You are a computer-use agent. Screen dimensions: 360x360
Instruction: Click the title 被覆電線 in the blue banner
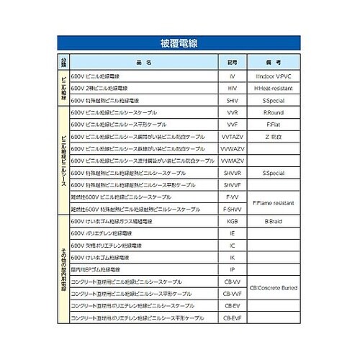tap(179, 43)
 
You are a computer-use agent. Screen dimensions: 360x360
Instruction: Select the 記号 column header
tap(232, 63)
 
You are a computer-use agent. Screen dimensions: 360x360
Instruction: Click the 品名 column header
tap(144, 63)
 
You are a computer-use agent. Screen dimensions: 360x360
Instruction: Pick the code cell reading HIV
tap(232, 88)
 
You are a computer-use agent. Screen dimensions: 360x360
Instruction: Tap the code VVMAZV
tap(232, 148)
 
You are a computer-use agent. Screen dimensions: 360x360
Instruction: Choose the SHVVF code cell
tap(232, 185)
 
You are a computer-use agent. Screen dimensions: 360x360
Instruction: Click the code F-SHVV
tap(232, 209)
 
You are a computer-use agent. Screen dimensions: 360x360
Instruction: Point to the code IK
tap(232, 257)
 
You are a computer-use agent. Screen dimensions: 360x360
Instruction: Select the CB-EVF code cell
tap(232, 318)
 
